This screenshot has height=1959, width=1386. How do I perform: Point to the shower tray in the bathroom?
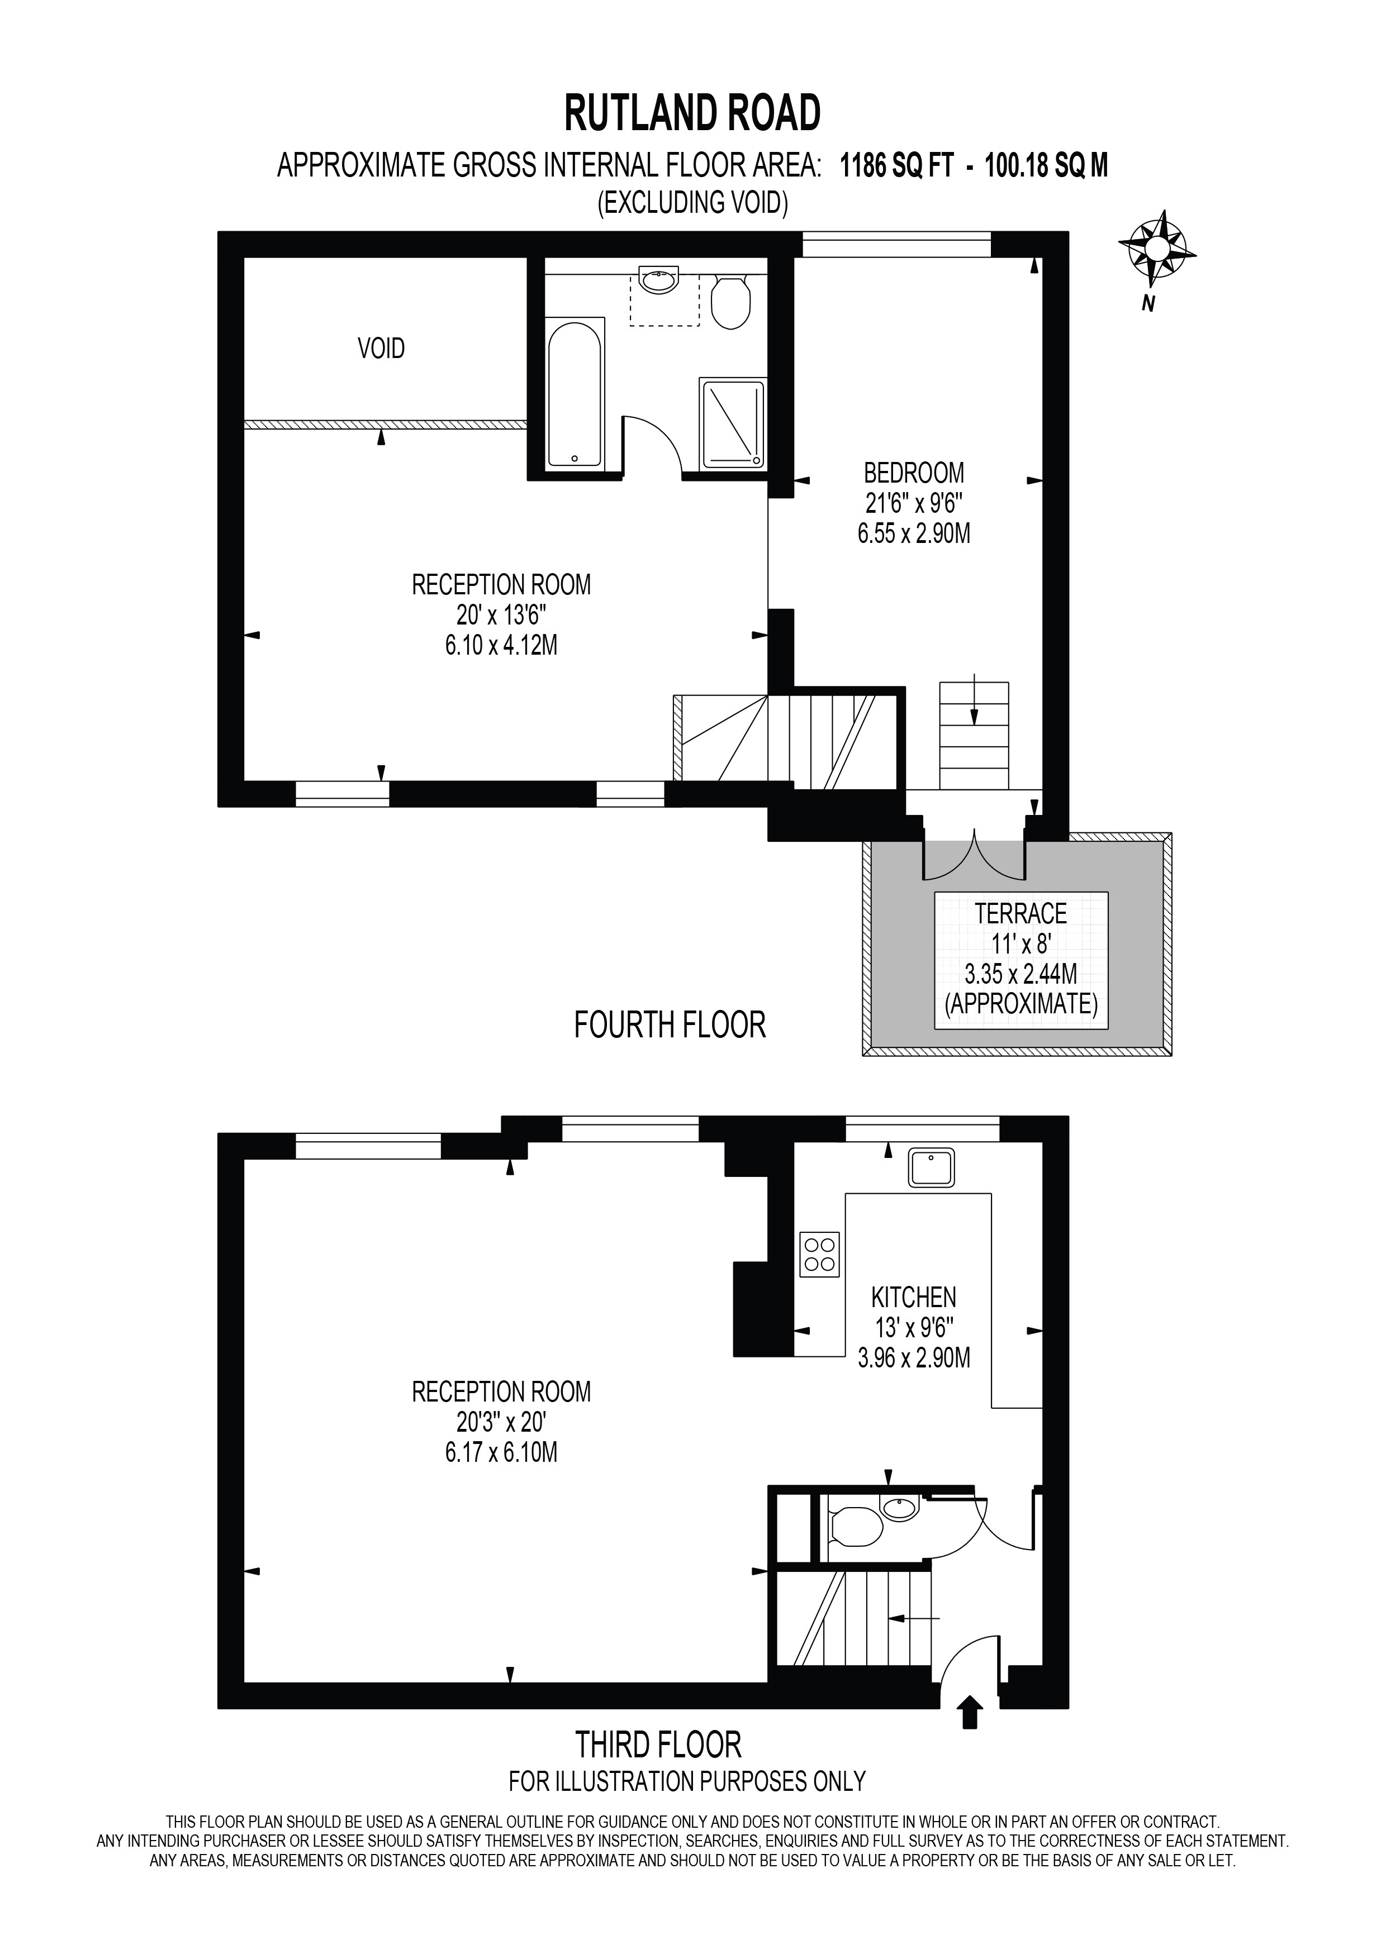pos(732,424)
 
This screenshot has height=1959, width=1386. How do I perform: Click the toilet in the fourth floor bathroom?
pos(730,301)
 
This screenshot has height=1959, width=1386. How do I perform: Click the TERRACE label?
pos(1020,914)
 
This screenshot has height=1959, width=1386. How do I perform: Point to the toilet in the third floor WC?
pos(856,1527)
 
